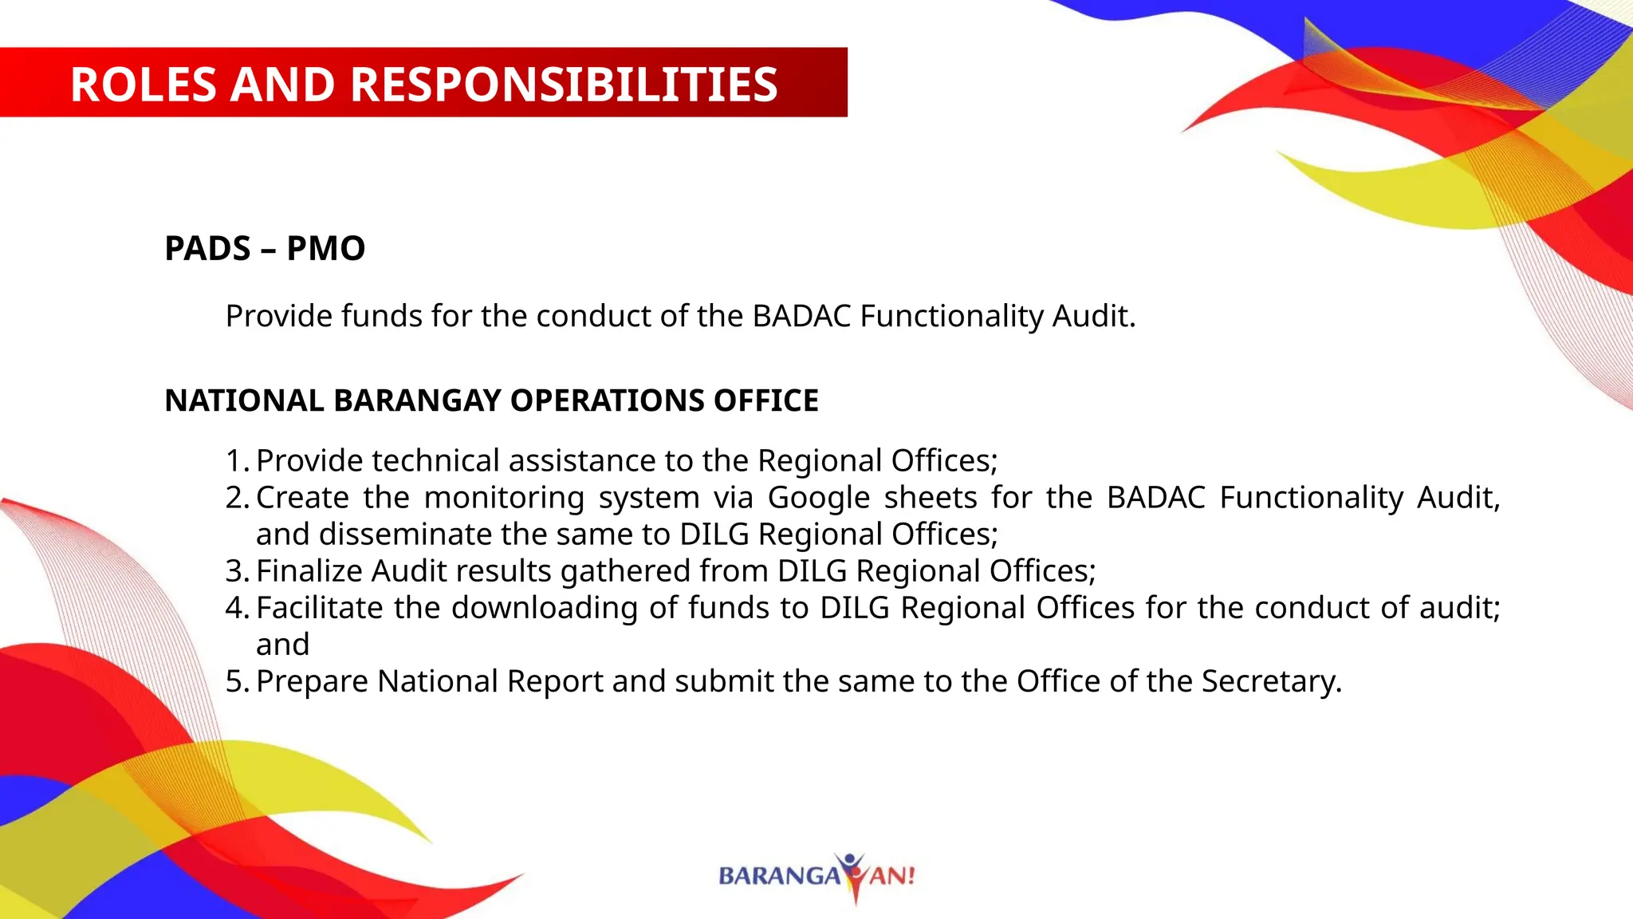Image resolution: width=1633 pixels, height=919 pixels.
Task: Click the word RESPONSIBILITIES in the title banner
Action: point(564,84)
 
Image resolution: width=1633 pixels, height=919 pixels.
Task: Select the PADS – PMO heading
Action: point(265,248)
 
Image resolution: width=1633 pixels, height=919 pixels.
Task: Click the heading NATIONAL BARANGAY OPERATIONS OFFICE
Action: point(491,400)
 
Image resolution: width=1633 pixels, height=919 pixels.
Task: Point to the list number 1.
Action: point(235,461)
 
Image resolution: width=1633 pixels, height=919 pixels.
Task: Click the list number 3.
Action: point(235,571)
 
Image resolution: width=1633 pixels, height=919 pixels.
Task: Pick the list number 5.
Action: point(235,681)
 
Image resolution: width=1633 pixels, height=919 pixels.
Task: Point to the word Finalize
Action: point(309,571)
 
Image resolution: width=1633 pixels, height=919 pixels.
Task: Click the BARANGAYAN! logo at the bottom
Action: point(817,876)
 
